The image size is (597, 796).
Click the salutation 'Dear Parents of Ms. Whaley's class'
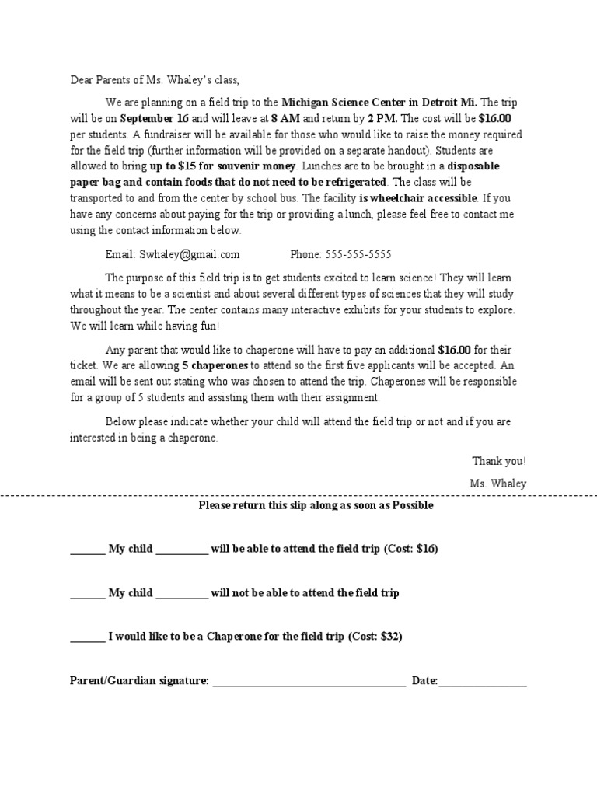click(x=155, y=79)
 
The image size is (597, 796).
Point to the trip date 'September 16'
click(x=155, y=119)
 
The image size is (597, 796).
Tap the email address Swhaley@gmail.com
click(x=189, y=254)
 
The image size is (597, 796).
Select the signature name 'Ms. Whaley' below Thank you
click(x=497, y=484)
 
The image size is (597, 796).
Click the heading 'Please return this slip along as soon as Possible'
click(x=316, y=505)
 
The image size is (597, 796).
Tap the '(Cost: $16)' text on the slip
click(x=411, y=549)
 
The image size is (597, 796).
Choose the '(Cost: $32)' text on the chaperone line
click(x=375, y=637)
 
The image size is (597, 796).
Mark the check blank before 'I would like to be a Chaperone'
click(x=87, y=639)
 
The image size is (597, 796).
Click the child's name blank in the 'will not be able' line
click(x=182, y=595)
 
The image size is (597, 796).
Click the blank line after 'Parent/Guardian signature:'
click(x=309, y=683)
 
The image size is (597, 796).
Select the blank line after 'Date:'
click(x=483, y=683)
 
